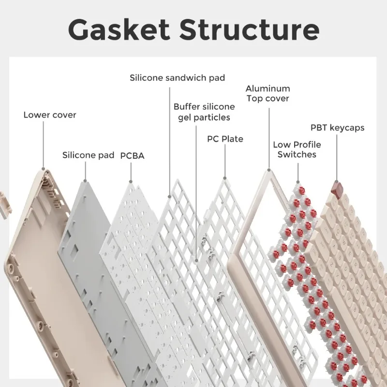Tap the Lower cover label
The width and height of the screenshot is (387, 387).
(x=50, y=115)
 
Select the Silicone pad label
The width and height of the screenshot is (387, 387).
(x=88, y=155)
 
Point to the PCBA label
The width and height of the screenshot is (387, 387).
(x=132, y=155)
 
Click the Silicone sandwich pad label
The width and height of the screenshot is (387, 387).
(x=177, y=77)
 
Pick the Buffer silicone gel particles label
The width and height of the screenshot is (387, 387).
(x=204, y=112)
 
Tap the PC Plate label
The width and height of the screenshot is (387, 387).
(x=225, y=139)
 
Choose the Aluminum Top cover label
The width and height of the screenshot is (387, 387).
(x=268, y=93)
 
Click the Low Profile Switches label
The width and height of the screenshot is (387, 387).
(x=297, y=149)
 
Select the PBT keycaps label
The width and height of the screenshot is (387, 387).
(x=337, y=128)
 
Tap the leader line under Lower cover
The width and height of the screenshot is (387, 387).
(x=43, y=145)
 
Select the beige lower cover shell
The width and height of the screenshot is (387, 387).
(x=34, y=271)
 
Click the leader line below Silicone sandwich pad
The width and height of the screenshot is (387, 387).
(x=169, y=140)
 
